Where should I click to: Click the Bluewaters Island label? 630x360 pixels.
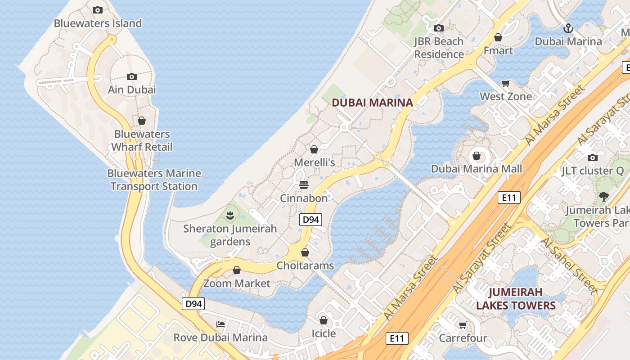[x=98, y=23]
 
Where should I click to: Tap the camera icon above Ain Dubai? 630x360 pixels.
[x=132, y=76]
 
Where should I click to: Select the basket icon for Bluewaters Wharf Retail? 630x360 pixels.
[x=142, y=121]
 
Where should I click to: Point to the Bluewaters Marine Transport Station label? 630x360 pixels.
[x=154, y=180]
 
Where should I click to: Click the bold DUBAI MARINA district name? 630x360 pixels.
[x=372, y=103]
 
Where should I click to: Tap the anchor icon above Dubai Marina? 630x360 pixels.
[x=568, y=29]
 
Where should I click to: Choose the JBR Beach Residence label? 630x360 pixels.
[x=439, y=48]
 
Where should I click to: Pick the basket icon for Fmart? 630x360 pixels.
[x=498, y=37]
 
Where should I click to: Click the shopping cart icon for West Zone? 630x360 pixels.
[x=506, y=83]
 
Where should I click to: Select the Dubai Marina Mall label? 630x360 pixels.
[x=477, y=169]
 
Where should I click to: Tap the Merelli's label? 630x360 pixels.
[x=315, y=162]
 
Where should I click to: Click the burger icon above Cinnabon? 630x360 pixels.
[x=304, y=185]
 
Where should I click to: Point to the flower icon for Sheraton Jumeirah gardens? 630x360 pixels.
[x=230, y=216]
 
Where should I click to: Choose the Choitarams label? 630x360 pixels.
[x=305, y=265]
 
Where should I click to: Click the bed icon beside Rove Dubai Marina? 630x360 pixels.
[x=220, y=324]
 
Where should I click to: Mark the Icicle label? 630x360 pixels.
[x=324, y=333]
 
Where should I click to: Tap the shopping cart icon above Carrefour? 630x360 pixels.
[x=463, y=325]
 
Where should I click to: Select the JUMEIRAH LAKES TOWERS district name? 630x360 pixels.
[x=516, y=299]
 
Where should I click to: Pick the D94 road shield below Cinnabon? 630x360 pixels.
[x=310, y=220]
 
